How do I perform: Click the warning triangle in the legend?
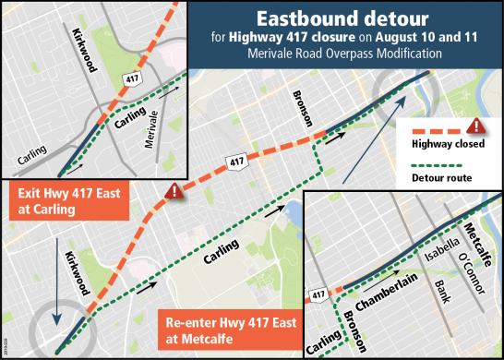pos(477,126)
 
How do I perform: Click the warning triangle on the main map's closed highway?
pos(173,191)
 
